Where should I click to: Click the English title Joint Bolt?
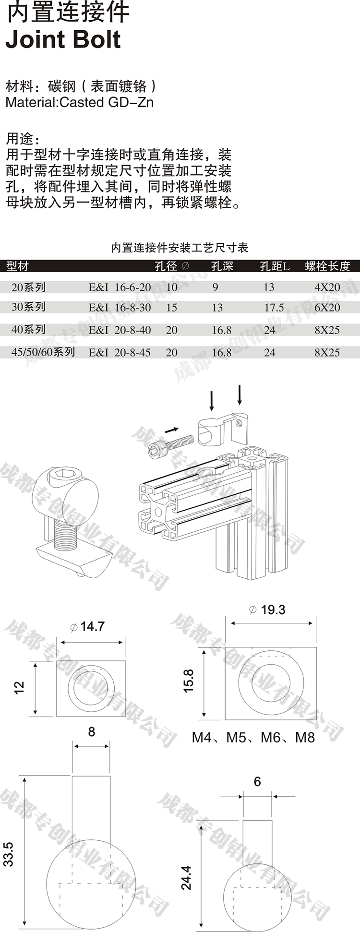63,39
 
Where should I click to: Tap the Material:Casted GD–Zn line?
79,102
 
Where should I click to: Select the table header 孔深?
222,266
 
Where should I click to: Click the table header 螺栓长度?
327,266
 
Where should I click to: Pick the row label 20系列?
28,287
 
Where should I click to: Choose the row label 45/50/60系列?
43,352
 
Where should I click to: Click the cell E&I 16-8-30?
120,308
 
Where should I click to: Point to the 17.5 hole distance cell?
274,308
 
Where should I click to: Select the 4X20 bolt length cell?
327,287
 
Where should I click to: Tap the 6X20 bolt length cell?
327,308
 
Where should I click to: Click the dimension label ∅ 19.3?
267,609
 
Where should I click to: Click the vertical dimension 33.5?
9,854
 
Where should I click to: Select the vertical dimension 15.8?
188,681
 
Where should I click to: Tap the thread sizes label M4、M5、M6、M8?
253,737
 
